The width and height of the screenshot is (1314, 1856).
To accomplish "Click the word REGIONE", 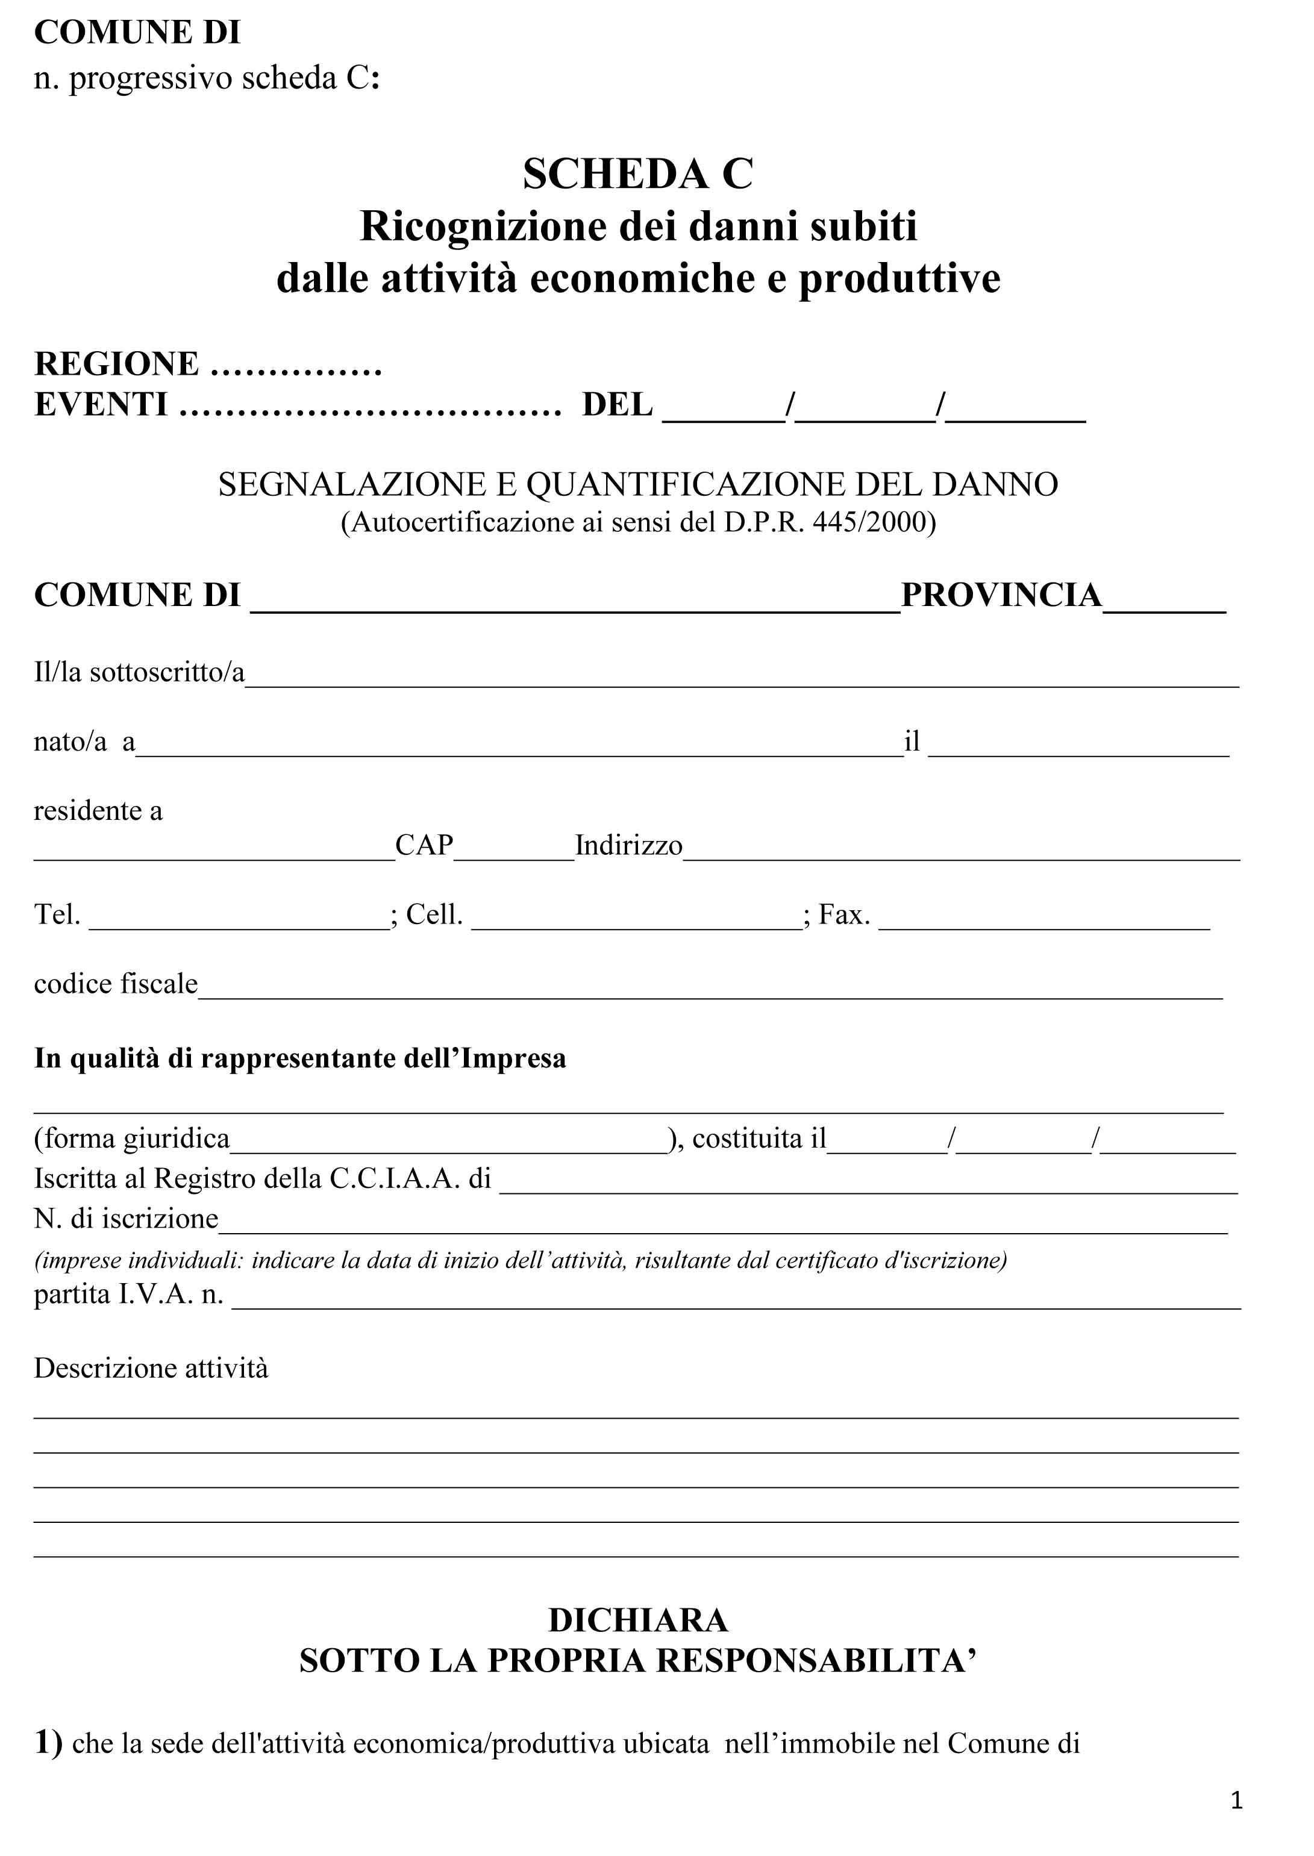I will tap(116, 364).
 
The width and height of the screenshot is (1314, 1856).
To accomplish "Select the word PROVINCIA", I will tap(1001, 595).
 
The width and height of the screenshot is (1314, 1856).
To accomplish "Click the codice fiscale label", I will tap(116, 984).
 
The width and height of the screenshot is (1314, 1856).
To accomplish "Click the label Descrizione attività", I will tap(151, 1368).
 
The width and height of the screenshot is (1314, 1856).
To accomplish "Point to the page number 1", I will tap(1236, 1799).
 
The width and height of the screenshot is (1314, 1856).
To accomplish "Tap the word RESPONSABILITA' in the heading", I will tap(816, 1660).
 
